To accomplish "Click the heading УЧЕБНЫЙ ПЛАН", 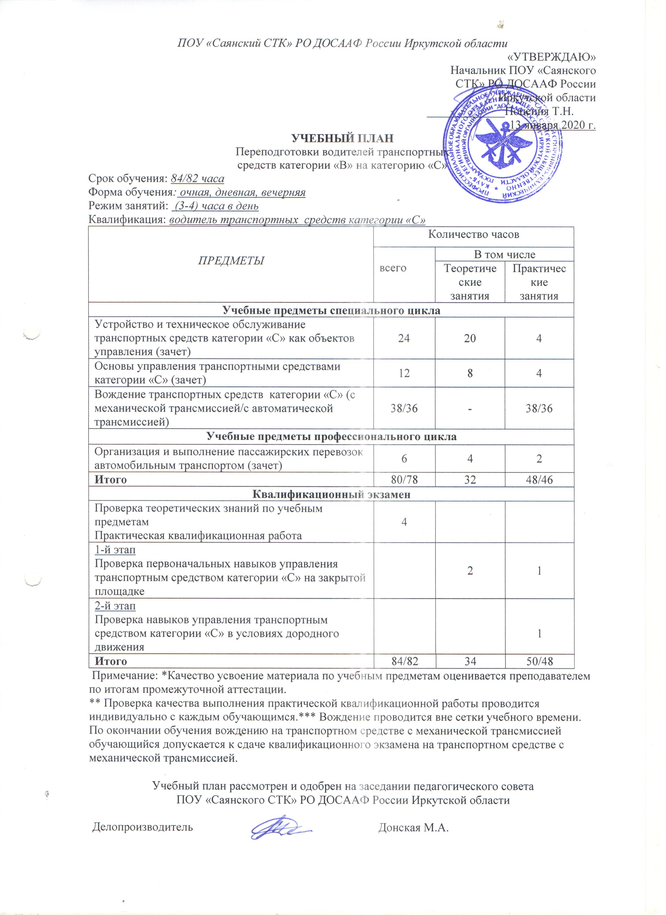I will pyautogui.click(x=343, y=138).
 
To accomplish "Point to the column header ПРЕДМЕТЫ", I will pyautogui.click(x=231, y=261).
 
